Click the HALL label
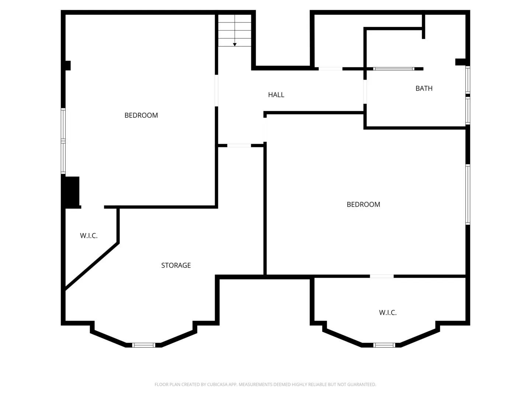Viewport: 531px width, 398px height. click(x=276, y=95)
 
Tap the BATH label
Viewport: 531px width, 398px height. click(x=424, y=88)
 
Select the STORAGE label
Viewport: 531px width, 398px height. click(x=176, y=265)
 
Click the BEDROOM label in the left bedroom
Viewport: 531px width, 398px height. click(x=141, y=115)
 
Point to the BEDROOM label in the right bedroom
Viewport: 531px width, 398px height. click(x=363, y=205)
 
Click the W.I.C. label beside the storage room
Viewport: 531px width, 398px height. click(x=89, y=235)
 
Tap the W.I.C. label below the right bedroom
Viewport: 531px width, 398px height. click(x=388, y=313)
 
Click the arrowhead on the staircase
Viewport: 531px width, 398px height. click(x=235, y=45)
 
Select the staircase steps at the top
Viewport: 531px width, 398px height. click(x=235, y=31)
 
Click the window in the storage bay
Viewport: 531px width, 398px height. click(x=143, y=345)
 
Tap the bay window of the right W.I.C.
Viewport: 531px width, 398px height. click(x=384, y=345)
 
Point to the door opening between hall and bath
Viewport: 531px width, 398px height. click(x=365, y=92)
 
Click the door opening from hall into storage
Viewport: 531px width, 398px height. click(x=239, y=146)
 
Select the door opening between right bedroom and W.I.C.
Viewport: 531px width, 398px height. click(x=382, y=276)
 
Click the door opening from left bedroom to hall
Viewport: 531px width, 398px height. click(x=216, y=91)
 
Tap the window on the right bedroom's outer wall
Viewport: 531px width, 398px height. click(x=468, y=195)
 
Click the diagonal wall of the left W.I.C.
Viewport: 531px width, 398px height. click(x=92, y=266)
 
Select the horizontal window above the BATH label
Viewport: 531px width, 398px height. click(x=393, y=69)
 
